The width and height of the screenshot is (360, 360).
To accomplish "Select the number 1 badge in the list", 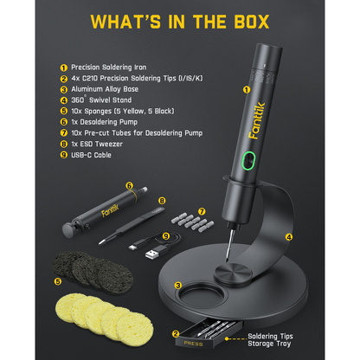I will click(63, 66).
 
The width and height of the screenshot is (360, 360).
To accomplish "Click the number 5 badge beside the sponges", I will click(59, 280).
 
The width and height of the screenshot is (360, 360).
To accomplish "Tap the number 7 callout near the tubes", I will click(202, 210).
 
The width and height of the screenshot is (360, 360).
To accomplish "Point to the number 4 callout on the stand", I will click(289, 235).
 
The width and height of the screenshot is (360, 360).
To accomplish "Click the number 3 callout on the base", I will click(178, 284).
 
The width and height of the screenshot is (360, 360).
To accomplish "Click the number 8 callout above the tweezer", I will click(161, 201).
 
